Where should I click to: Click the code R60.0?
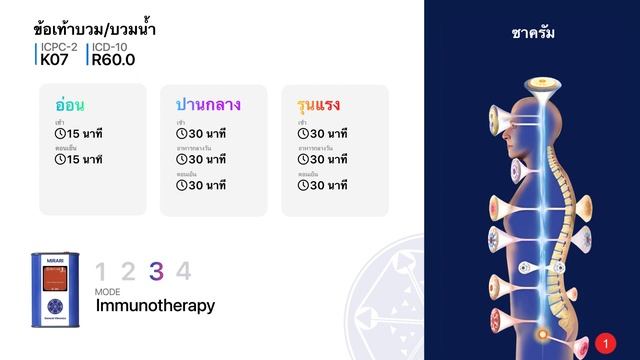tap(112, 60)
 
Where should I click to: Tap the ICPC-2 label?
tap(59, 47)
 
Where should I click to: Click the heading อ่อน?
tap(70, 104)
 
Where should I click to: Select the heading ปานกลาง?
tap(208, 104)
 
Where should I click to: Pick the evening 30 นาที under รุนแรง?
tap(329, 184)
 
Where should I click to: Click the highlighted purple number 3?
tap(156, 271)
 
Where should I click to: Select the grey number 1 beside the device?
tap(101, 271)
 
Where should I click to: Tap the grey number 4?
tap(183, 271)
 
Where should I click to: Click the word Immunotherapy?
tap(155, 306)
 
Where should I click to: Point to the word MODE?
tap(107, 291)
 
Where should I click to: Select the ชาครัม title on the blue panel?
tap(532, 33)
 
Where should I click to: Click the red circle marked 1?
tap(604, 343)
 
